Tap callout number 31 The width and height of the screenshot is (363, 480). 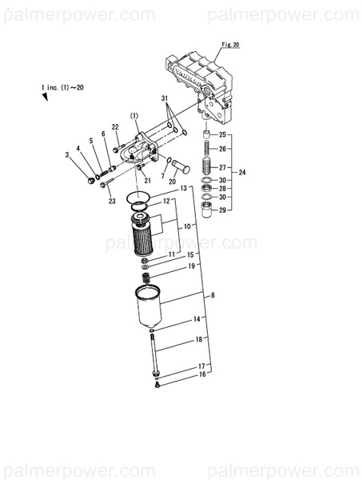[x=166, y=98]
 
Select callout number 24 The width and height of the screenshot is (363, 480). [x=242, y=173]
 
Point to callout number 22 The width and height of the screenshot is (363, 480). [x=115, y=127]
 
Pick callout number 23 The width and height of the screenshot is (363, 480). [x=110, y=201]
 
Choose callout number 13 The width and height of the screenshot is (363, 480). [x=183, y=188]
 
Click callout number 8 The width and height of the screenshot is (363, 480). [x=213, y=296]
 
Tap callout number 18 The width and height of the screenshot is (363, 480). [x=198, y=340]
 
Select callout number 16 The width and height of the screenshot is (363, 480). [x=202, y=374]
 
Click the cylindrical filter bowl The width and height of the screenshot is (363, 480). [x=151, y=310]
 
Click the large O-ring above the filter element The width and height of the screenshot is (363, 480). [x=138, y=197]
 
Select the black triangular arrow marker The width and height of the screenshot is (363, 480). [x=46, y=96]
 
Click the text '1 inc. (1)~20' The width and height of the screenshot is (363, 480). [x=62, y=85]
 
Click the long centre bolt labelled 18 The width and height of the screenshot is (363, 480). [x=152, y=353]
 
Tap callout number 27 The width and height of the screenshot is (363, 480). [x=222, y=168]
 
